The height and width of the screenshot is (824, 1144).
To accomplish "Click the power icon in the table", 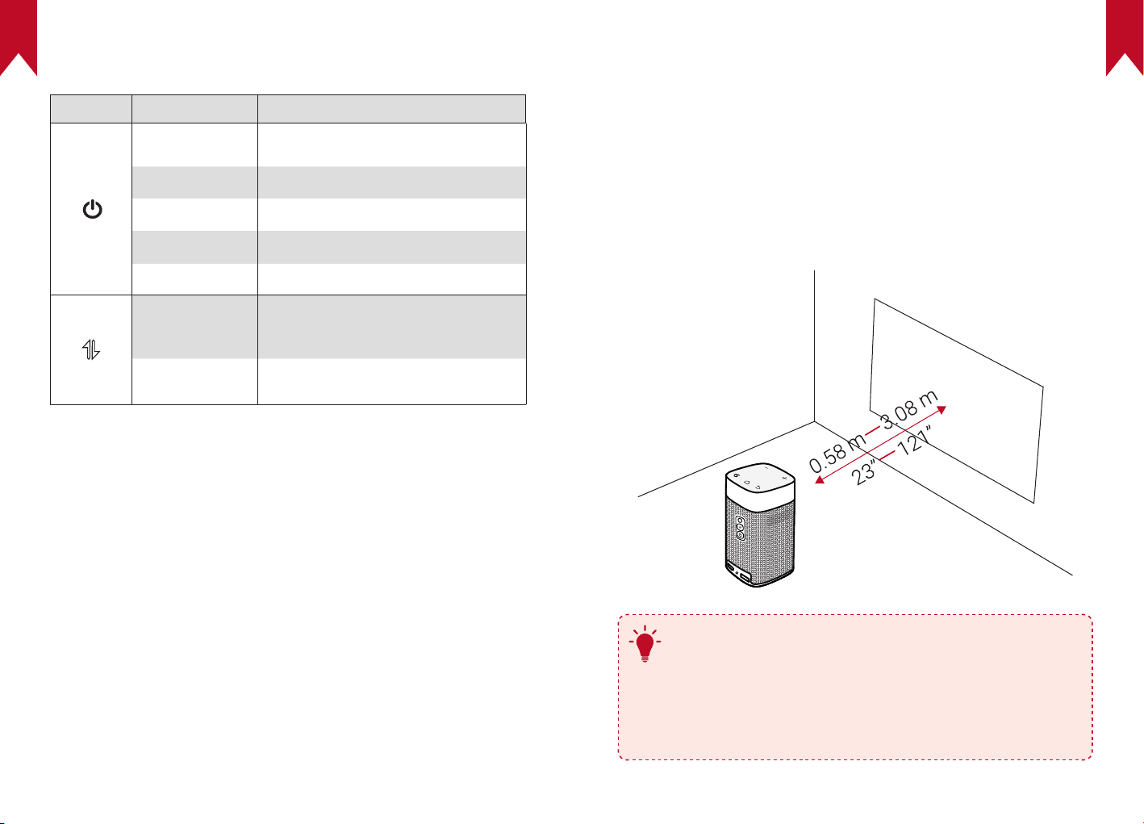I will point(93,211).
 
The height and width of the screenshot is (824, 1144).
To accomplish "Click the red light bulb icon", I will point(645,646).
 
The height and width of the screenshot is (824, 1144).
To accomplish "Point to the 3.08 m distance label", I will point(909,410).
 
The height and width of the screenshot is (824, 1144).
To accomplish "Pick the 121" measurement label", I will point(916,442).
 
